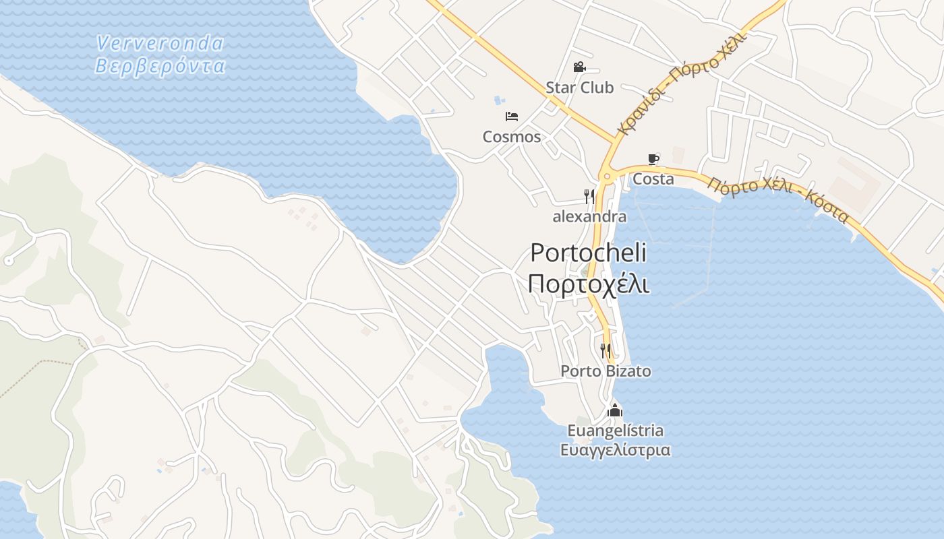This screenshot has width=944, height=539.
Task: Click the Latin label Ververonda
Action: pyautogui.click(x=160, y=43)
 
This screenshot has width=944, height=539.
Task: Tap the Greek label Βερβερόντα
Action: pyautogui.click(x=160, y=66)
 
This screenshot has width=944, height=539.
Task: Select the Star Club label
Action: pyautogui.click(x=579, y=88)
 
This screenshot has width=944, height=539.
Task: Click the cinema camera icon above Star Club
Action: pyautogui.click(x=579, y=67)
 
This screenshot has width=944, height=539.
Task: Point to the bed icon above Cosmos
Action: pyautogui.click(x=512, y=117)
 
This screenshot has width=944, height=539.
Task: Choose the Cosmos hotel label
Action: pyautogui.click(x=512, y=137)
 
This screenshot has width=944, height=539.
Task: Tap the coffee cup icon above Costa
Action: pyautogui.click(x=653, y=159)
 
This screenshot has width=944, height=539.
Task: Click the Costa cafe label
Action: pyautogui.click(x=653, y=179)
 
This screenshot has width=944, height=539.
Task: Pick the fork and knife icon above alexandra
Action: pyautogui.click(x=589, y=196)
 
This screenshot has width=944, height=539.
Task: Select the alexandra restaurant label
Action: pyautogui.click(x=589, y=217)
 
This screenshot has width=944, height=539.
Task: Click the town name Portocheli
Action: pyautogui.click(x=588, y=253)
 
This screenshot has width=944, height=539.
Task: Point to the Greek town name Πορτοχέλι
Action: pyautogui.click(x=588, y=284)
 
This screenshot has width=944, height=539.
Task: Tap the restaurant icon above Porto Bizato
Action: pyautogui.click(x=606, y=350)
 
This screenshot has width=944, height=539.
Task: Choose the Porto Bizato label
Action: pyautogui.click(x=606, y=371)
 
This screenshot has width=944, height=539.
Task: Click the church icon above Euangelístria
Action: pyautogui.click(x=615, y=410)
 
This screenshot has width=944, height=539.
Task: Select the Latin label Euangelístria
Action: pyautogui.click(x=615, y=431)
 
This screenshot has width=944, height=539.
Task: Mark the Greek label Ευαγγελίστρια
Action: pyautogui.click(x=615, y=450)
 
